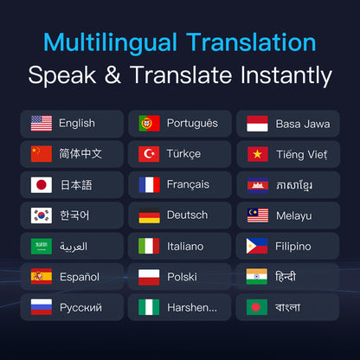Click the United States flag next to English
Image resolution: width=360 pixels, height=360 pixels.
[42, 124]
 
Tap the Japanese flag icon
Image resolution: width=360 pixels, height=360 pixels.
[42, 184]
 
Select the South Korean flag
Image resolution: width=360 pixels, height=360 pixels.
[42, 215]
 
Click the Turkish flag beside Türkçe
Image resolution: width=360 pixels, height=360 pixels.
[149, 154]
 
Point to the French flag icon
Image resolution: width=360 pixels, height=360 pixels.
[149, 184]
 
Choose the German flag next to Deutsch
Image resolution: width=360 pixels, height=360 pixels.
[149, 215]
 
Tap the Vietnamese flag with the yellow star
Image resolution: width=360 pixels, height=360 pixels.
[256, 154]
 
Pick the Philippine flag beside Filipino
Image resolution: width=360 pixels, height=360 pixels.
[256, 246]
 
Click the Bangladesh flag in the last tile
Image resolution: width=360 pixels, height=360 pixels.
[256, 307]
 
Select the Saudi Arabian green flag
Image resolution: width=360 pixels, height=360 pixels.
[42, 246]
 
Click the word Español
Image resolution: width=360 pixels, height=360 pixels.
[79, 277]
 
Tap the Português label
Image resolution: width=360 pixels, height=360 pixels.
[192, 124]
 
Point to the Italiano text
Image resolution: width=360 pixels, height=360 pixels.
[185, 246]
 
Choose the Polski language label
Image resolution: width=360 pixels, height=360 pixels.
[182, 277]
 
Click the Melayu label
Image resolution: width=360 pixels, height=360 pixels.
[294, 215]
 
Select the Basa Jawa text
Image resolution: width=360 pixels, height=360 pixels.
[302, 124]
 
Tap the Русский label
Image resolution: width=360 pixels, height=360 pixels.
[80, 307]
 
